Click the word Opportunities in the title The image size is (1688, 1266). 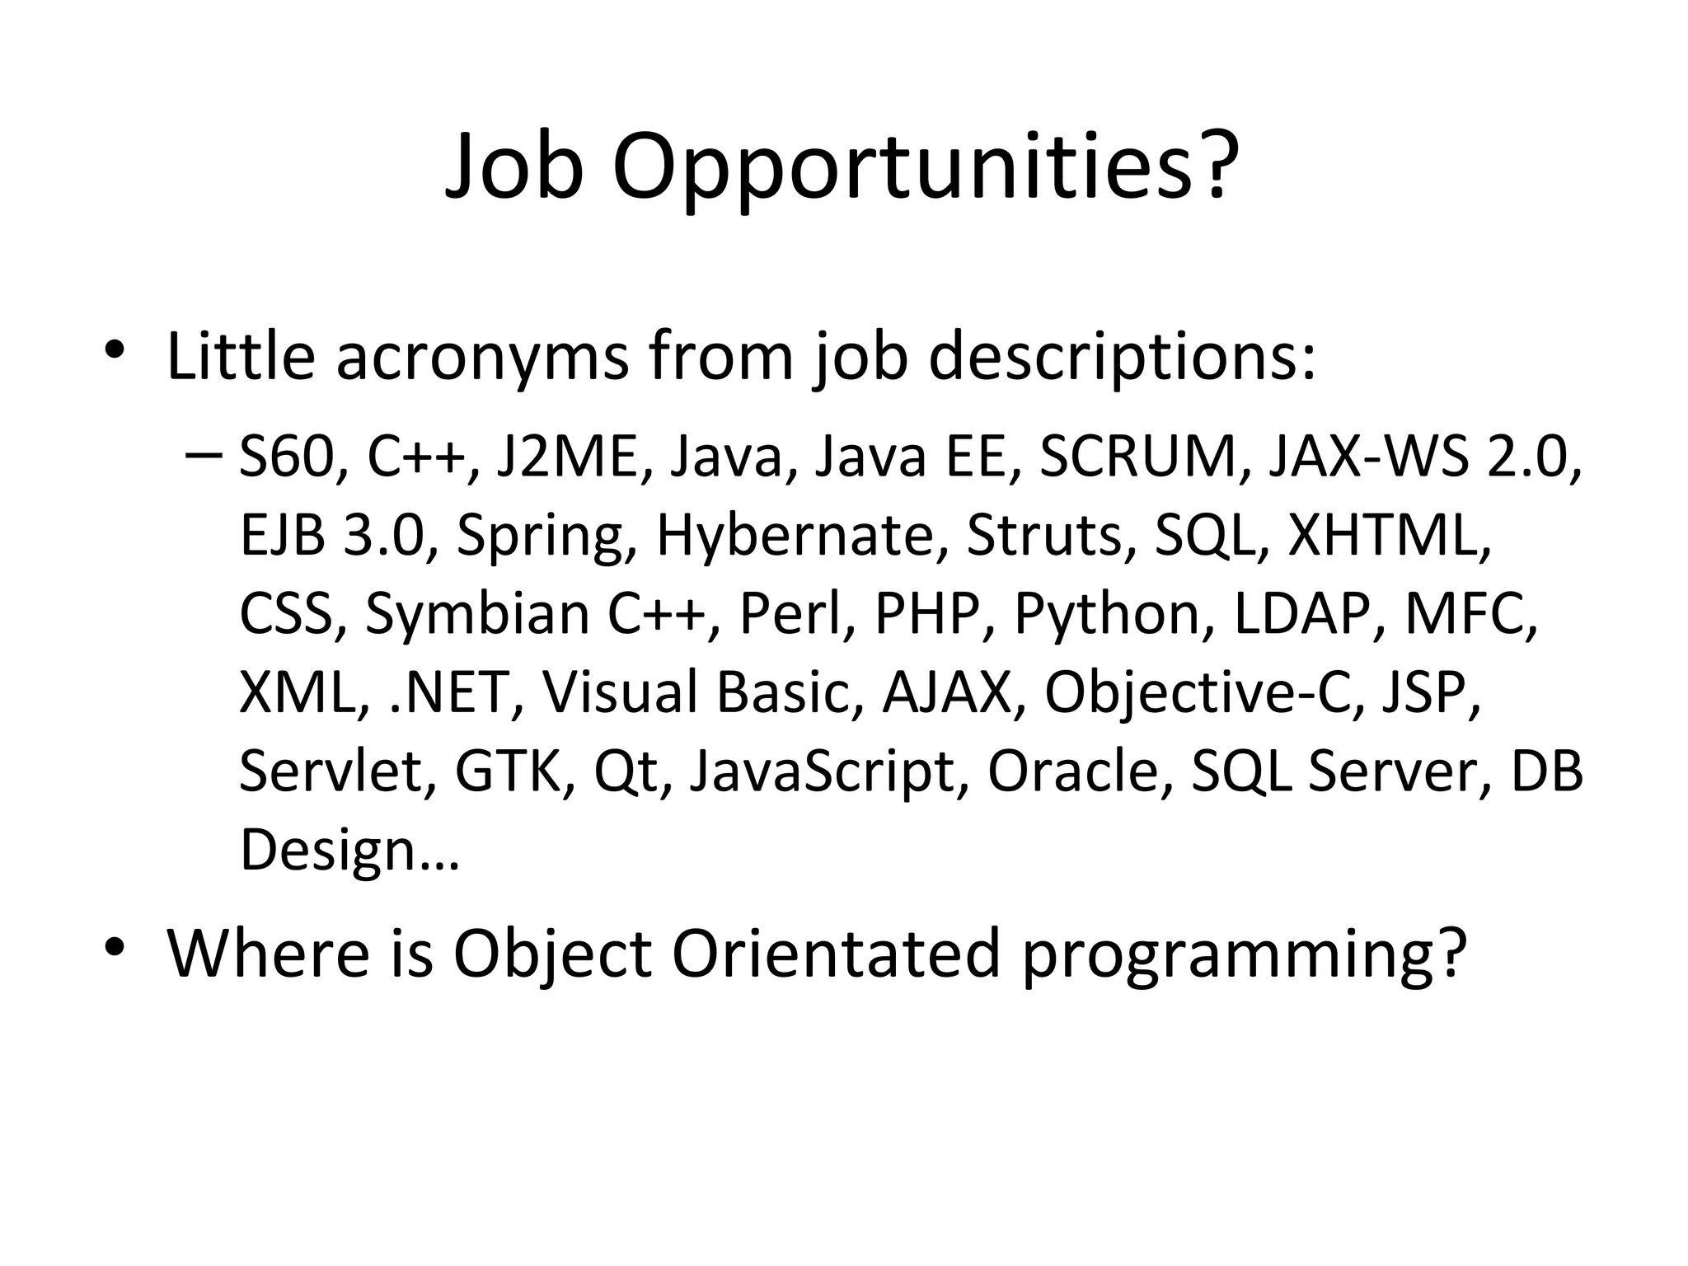click(x=924, y=168)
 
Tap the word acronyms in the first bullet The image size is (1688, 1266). click(x=482, y=357)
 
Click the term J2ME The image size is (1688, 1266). click(x=568, y=457)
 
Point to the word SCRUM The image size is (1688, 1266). click(x=1138, y=457)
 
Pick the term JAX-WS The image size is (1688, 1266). click(x=1367, y=457)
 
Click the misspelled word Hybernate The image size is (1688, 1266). click(x=795, y=536)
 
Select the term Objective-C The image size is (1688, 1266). click(x=1198, y=692)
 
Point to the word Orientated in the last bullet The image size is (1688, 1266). click(x=836, y=954)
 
